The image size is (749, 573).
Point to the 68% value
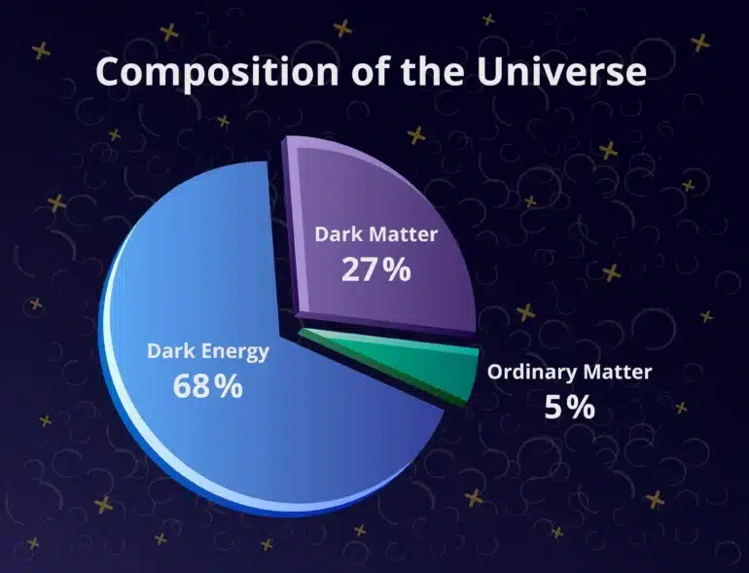click(207, 385)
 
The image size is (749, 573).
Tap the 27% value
click(376, 269)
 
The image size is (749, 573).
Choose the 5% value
click(569, 407)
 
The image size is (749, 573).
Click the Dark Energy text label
click(207, 351)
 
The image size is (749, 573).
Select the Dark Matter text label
click(376, 234)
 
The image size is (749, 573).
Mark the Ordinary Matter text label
click(569, 372)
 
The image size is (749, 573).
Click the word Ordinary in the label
click(532, 373)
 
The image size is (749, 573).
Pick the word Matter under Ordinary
click(619, 372)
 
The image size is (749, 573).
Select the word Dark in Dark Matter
click(337, 234)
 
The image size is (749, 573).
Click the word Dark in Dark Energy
click(167, 351)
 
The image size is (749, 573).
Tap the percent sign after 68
click(229, 385)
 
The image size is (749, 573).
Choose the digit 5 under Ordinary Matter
click(554, 407)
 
